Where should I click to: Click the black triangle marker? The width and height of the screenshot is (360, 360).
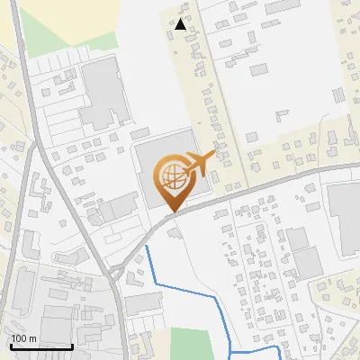[x=182, y=24]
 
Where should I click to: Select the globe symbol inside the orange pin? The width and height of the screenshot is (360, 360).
[x=171, y=175]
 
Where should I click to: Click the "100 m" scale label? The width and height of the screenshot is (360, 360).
[x=23, y=338]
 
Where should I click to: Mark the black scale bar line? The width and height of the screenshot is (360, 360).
[x=40, y=346]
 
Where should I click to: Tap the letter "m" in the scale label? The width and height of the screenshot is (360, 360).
[x=32, y=338]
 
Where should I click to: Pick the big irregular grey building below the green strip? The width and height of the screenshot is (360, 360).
[x=103, y=94]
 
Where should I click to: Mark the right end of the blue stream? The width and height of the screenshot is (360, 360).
[x=277, y=350]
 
